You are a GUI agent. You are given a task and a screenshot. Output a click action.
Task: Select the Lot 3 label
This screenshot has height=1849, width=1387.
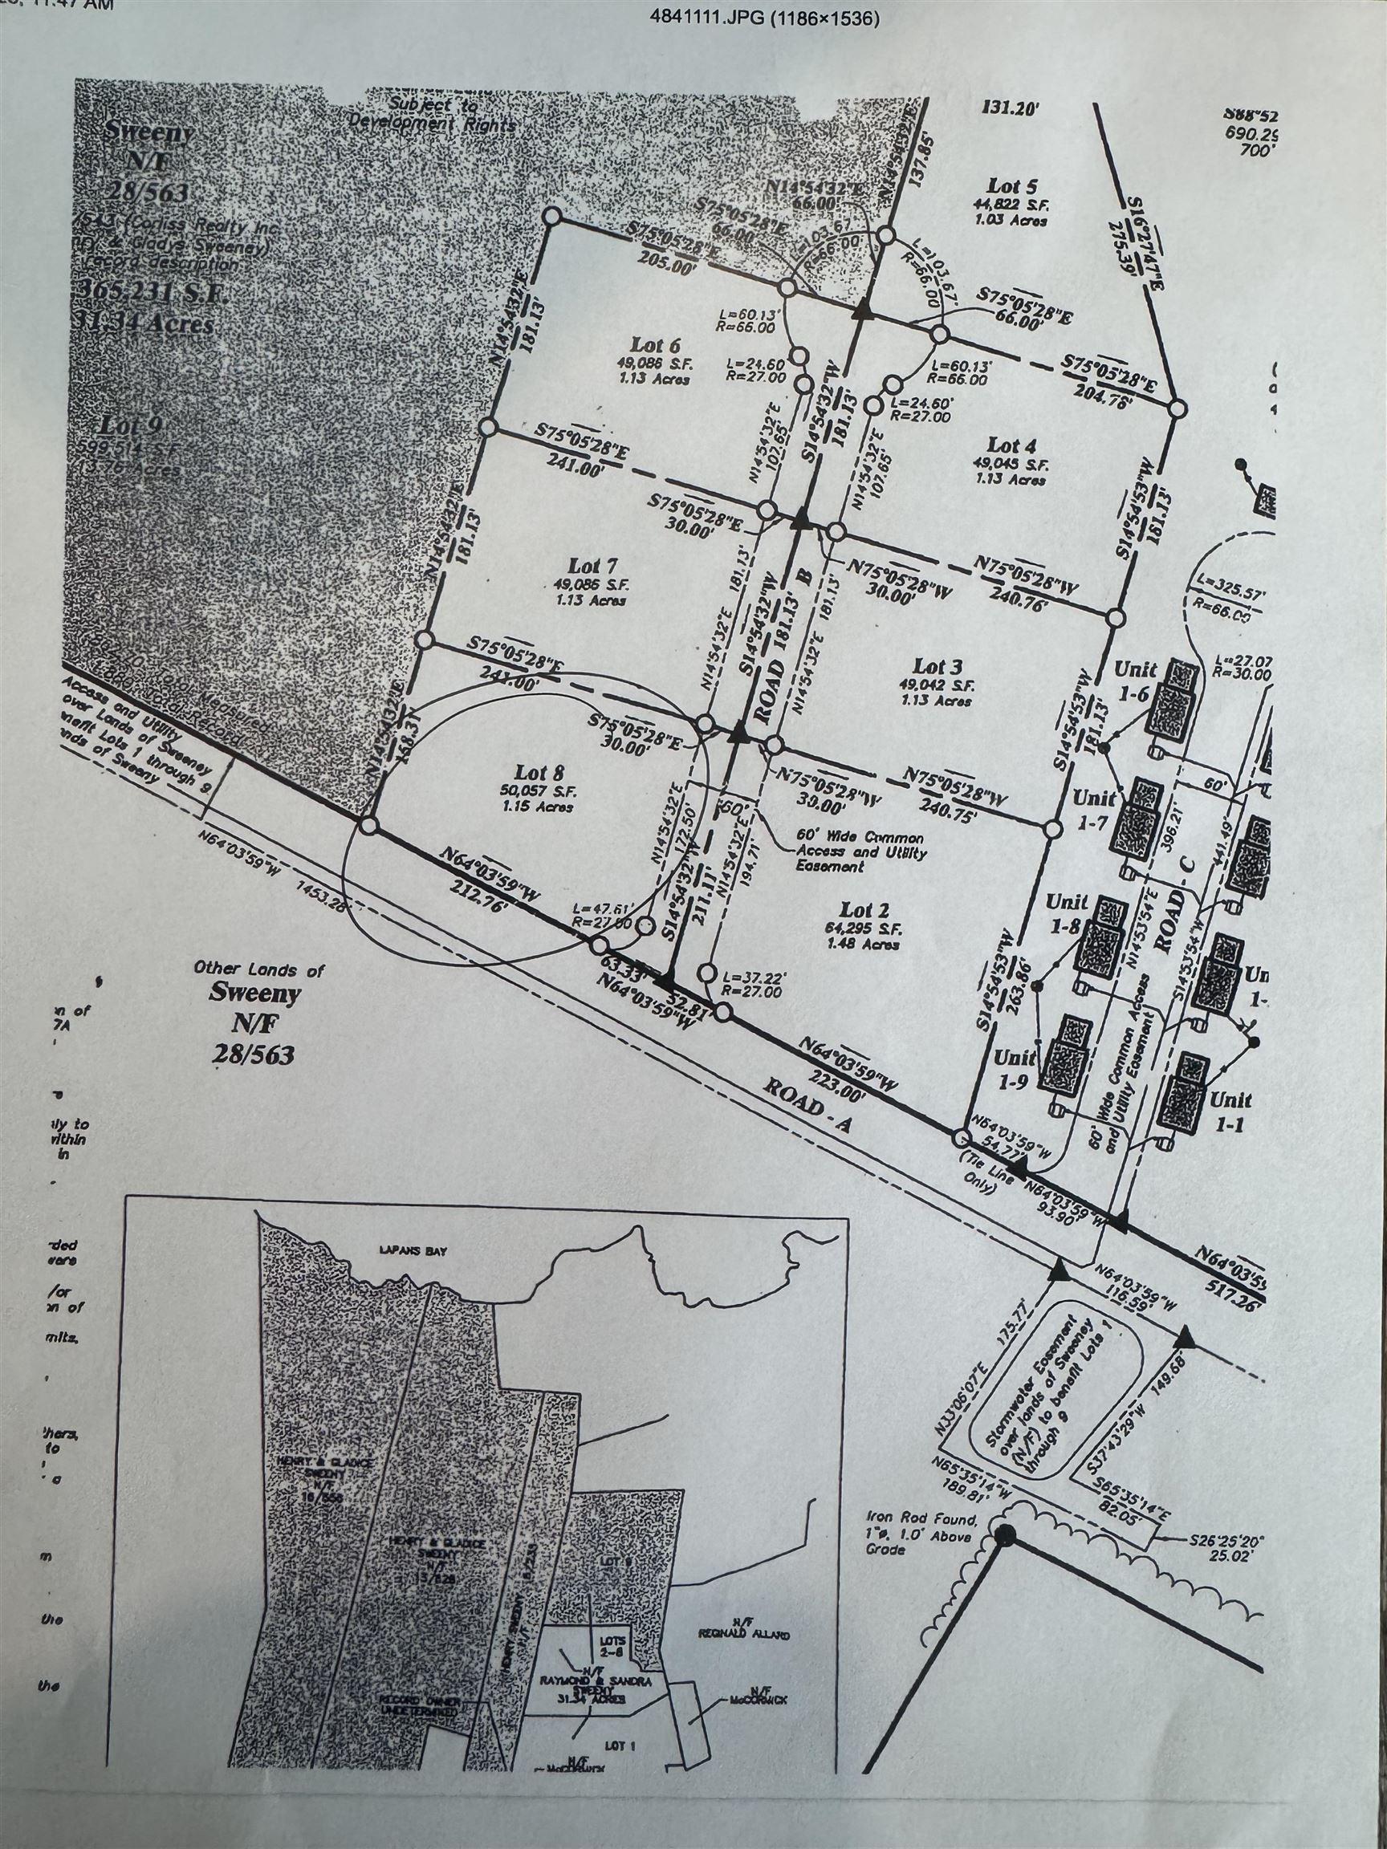tap(938, 666)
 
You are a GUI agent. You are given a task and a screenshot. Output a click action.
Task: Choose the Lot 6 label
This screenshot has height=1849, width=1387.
tap(655, 343)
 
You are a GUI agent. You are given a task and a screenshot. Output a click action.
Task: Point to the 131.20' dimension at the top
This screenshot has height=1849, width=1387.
tap(1008, 107)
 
